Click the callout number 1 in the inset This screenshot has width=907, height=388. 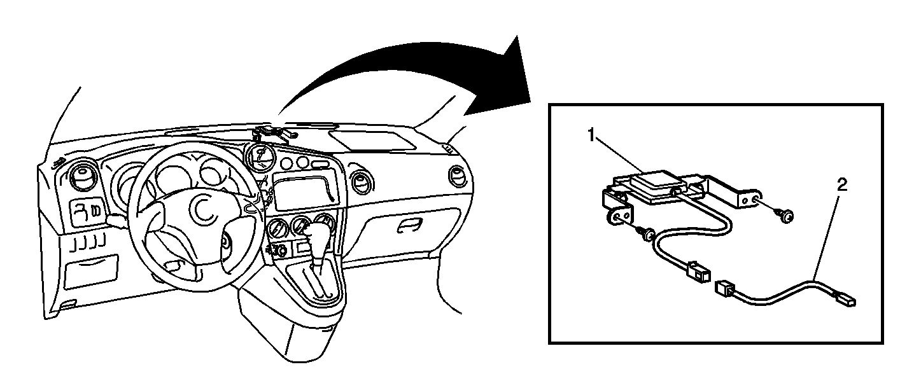[x=591, y=135]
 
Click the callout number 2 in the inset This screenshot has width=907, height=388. [x=841, y=185]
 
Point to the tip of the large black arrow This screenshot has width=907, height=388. [x=530, y=102]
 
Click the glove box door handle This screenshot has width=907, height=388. [x=409, y=225]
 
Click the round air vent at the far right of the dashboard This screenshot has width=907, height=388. [x=458, y=176]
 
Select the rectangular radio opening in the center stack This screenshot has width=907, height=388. [x=306, y=190]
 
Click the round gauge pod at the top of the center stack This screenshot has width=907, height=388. [x=260, y=158]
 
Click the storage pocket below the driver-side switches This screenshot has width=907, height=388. [x=91, y=272]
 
